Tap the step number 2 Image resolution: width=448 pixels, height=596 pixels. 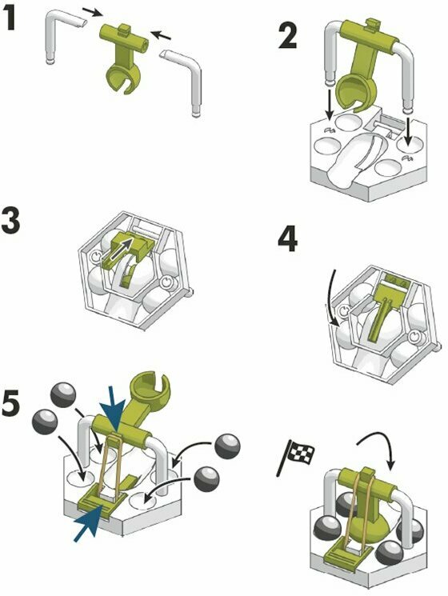click(288, 35)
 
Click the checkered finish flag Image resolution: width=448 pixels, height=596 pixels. click(296, 456)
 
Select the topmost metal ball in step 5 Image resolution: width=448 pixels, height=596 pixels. click(63, 394)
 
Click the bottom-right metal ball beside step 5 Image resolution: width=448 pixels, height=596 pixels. click(207, 480)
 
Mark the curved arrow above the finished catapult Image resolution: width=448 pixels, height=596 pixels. click(379, 450)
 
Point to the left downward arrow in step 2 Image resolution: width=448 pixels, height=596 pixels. click(329, 102)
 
